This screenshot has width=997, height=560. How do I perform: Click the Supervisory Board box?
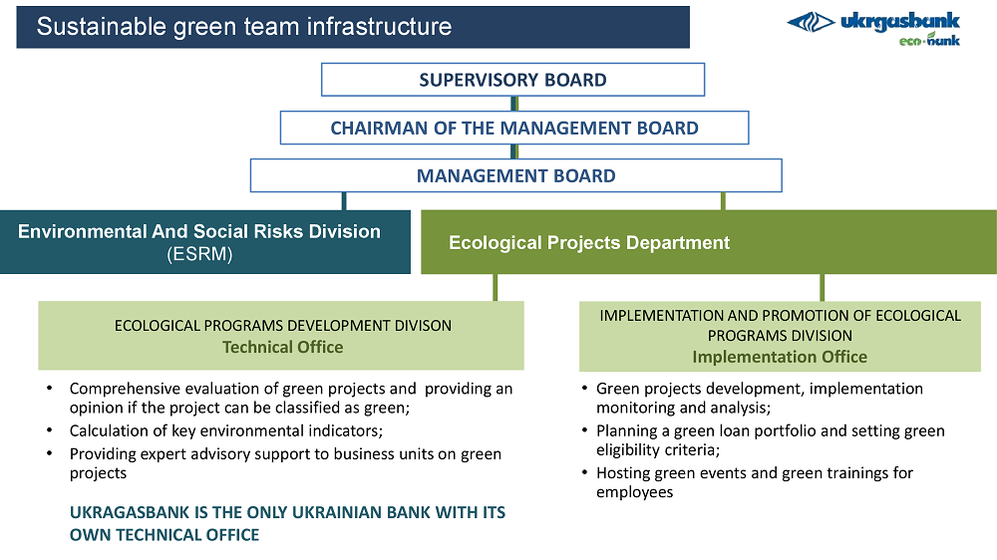(x=512, y=80)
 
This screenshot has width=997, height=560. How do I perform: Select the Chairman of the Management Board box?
(x=514, y=128)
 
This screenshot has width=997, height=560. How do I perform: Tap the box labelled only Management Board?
(x=515, y=175)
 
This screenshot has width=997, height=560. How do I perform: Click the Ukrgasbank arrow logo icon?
(x=812, y=22)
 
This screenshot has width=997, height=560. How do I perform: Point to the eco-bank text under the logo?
(x=929, y=40)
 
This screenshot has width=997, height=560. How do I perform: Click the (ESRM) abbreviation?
(x=199, y=254)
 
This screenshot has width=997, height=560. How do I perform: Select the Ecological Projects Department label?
(x=589, y=243)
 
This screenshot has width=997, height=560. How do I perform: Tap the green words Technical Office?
(x=282, y=347)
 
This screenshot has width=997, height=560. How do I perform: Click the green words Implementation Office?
(x=780, y=357)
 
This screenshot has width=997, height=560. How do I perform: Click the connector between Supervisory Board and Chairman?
(x=514, y=104)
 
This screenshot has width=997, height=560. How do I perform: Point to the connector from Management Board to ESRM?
(x=344, y=201)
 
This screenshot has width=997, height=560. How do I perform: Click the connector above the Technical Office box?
(x=496, y=287)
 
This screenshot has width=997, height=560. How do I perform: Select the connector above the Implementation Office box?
(x=823, y=287)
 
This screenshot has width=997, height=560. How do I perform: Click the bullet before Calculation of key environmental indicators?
(x=49, y=431)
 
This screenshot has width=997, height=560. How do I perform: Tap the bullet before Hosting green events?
(x=584, y=473)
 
